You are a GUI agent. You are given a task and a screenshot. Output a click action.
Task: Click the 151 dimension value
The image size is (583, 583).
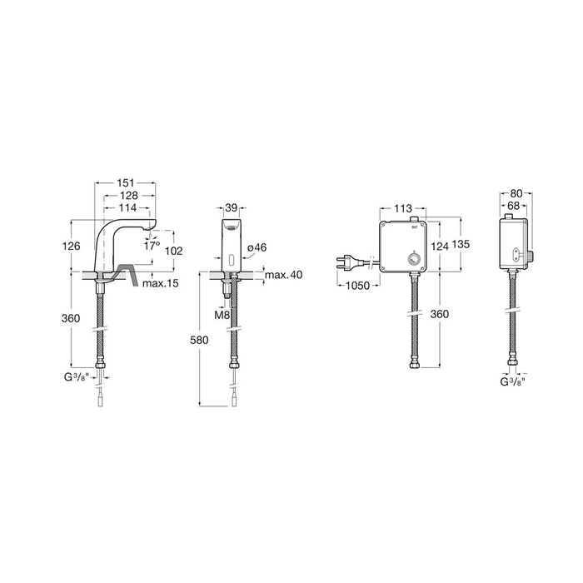(125, 183)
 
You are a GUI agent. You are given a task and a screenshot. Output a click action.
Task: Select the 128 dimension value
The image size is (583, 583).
(128, 195)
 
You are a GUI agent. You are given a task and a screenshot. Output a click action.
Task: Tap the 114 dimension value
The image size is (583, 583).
(128, 207)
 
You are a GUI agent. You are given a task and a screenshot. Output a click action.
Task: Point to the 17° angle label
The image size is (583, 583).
(152, 246)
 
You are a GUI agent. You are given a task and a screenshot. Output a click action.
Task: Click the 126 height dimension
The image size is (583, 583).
(72, 246)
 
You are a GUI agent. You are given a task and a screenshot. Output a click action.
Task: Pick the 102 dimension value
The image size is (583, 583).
(173, 251)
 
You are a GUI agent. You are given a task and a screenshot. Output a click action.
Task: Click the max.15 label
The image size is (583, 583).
(161, 283)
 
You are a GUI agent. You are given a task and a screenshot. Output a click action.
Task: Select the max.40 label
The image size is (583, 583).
(284, 275)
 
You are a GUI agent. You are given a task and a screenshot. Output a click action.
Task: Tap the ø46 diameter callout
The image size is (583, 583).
(257, 247)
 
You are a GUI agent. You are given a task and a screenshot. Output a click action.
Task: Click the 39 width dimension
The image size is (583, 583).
(232, 208)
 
